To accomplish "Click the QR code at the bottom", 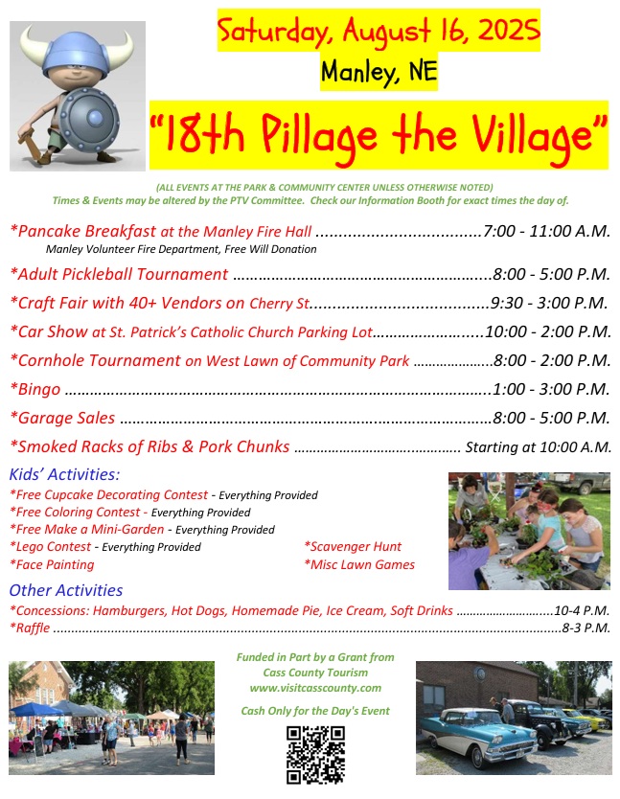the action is tap(315, 755).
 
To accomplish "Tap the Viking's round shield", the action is tap(89, 121).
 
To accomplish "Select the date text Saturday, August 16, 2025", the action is tap(379, 30).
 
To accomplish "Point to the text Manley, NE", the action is tap(379, 71).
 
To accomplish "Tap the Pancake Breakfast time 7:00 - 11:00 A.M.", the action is tap(546, 231).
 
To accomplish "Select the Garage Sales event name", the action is tap(62, 418).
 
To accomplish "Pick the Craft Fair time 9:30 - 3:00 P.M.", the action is tap(549, 303).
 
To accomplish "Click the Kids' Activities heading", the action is tap(65, 474).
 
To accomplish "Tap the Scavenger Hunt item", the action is tap(353, 546).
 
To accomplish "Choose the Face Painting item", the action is tap(52, 564).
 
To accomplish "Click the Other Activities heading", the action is tap(66, 590).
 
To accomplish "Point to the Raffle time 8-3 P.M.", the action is tap(586, 628).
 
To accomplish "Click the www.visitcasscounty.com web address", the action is tap(315, 688).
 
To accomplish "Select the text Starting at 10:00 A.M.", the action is tap(538, 446).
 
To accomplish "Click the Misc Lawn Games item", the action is tap(359, 564).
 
